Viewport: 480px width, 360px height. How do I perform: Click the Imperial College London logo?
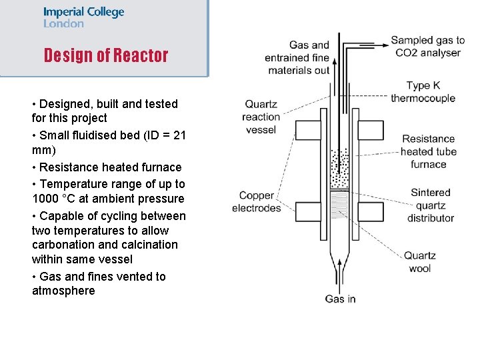click(83, 17)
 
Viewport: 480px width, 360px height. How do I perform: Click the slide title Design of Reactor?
click(106, 55)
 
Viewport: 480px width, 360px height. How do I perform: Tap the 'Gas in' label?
click(340, 299)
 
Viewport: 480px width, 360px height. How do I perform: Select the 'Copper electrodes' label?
click(257, 201)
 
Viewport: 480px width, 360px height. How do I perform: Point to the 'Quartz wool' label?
click(420, 261)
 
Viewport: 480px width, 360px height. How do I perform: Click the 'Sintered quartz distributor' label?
click(431, 205)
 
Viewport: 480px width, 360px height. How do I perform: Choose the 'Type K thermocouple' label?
click(423, 92)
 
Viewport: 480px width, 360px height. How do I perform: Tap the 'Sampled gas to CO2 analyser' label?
click(427, 47)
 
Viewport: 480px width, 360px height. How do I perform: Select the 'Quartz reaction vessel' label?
click(261, 117)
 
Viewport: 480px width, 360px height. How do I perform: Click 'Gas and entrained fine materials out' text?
click(297, 57)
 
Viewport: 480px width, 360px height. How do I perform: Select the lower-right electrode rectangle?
click(372, 212)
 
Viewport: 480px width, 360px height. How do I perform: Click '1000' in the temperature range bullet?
click(46, 199)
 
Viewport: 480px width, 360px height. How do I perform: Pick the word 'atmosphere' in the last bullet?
click(63, 291)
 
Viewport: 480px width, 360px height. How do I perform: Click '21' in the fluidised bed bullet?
click(179, 135)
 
